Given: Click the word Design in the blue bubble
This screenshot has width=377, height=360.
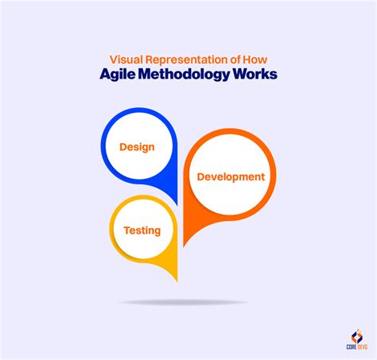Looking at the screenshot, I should click(x=137, y=147).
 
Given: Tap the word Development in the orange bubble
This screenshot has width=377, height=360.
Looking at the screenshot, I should click(x=231, y=176).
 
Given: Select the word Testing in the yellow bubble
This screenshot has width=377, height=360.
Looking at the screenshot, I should click(x=142, y=230).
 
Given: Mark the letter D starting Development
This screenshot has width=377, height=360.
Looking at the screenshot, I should click(x=200, y=176).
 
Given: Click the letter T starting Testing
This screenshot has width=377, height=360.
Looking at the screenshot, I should click(x=126, y=230).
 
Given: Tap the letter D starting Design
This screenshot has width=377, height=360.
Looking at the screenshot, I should click(x=123, y=147).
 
